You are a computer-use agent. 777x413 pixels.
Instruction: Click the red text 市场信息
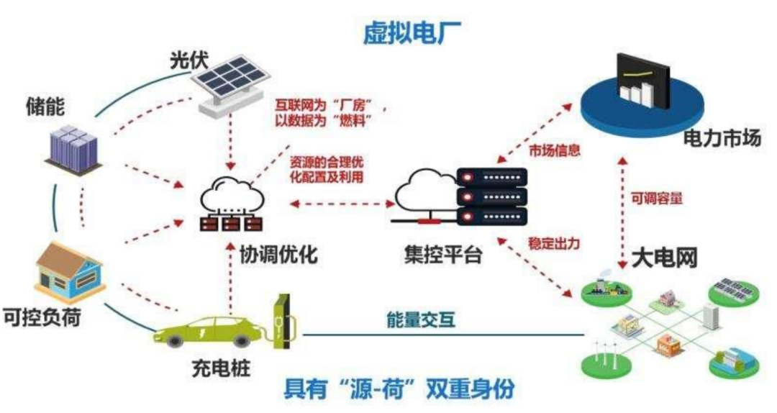pyautogui.click(x=555, y=152)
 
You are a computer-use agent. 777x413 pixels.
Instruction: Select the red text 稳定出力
pyautogui.click(x=555, y=244)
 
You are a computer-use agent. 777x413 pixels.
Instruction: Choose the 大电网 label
pyautogui.click(x=665, y=257)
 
